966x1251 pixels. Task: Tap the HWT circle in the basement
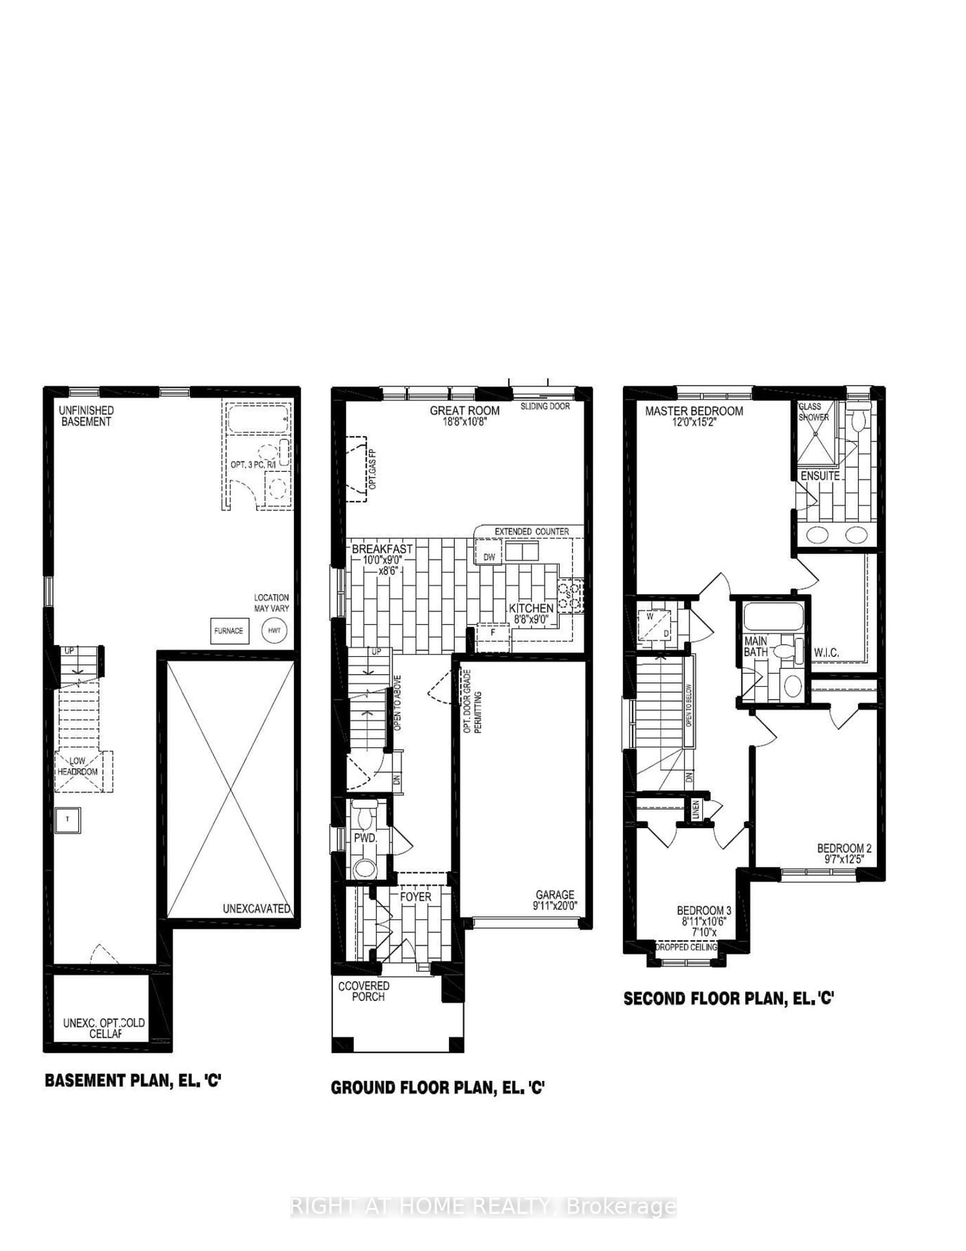274,631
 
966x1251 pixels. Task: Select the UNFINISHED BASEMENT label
86,416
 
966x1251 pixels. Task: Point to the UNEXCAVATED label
256,909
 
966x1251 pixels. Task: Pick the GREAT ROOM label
464,411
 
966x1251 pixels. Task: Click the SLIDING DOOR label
545,406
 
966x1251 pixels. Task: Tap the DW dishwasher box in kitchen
489,557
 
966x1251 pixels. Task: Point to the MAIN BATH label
756,646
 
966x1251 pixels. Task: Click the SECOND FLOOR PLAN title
728,998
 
